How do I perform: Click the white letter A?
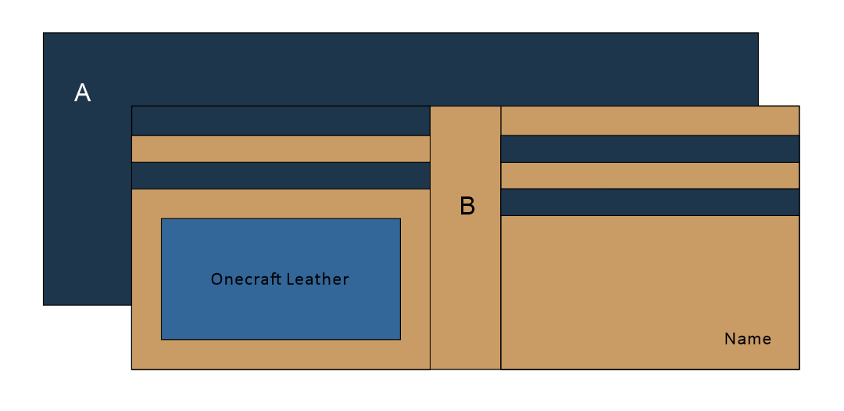tap(82, 93)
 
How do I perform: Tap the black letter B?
tap(467, 206)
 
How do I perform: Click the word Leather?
tap(317, 279)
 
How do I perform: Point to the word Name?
tap(748, 339)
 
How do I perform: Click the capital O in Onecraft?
tap(216, 279)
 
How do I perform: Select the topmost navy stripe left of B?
tap(281, 121)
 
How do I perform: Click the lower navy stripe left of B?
tap(281, 175)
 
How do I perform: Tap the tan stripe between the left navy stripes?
tap(281, 149)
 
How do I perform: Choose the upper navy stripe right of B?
tap(649, 149)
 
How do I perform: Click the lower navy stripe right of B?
tap(649, 202)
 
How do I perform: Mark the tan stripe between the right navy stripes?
tap(649, 175)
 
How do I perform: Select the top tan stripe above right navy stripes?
tap(649, 121)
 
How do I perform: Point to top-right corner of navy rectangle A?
tap(758, 33)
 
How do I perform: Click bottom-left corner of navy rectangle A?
tap(43, 305)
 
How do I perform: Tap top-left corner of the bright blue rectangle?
tap(162, 218)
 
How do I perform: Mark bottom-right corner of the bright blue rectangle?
tap(400, 339)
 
